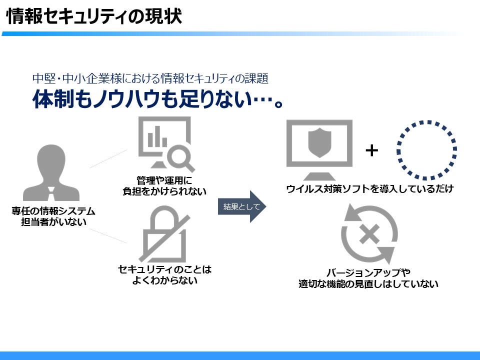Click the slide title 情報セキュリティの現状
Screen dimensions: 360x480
(93, 17)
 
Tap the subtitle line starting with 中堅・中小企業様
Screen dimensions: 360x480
(150, 78)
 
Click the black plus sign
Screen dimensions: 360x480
(371, 150)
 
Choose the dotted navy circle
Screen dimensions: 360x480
(426, 149)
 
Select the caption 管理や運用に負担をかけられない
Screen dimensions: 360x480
(164, 185)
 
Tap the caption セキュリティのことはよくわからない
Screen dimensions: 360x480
(164, 274)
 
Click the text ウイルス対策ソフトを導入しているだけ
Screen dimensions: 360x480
(369, 189)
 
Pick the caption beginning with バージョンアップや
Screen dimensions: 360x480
(368, 278)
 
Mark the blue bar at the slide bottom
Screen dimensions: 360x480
(240, 355)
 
